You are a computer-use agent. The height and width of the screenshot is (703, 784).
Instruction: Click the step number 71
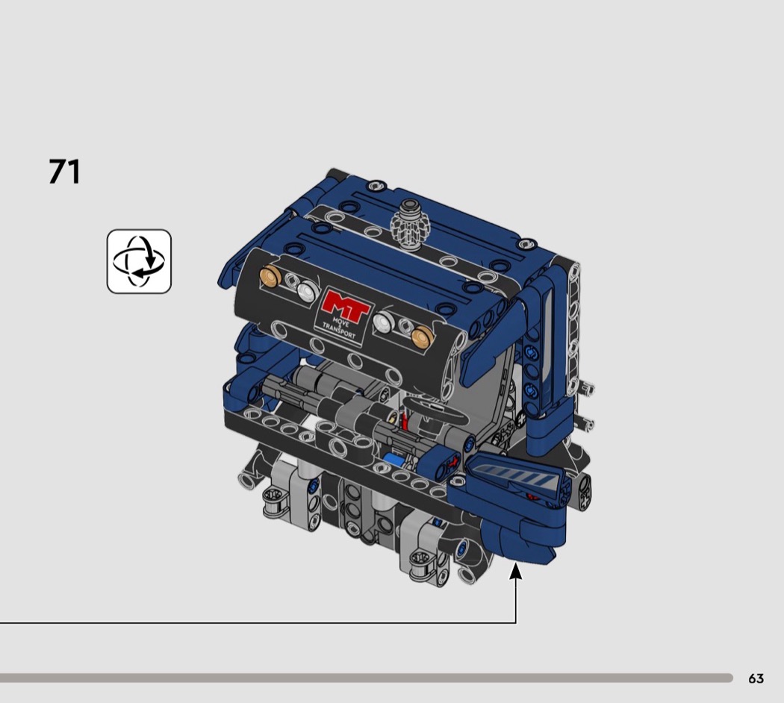click(x=64, y=172)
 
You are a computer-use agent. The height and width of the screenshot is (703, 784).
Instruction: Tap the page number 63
click(x=756, y=678)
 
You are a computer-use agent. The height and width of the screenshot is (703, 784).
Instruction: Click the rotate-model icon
click(x=139, y=261)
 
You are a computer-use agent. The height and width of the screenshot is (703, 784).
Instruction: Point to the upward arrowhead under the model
click(x=515, y=572)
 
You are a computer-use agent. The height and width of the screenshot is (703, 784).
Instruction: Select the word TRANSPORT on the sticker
click(x=339, y=331)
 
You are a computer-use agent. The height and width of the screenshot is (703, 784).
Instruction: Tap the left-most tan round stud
click(x=270, y=276)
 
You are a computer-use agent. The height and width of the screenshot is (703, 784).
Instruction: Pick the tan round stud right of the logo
click(x=423, y=336)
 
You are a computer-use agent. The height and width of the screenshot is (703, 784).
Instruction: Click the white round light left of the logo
click(x=308, y=290)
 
